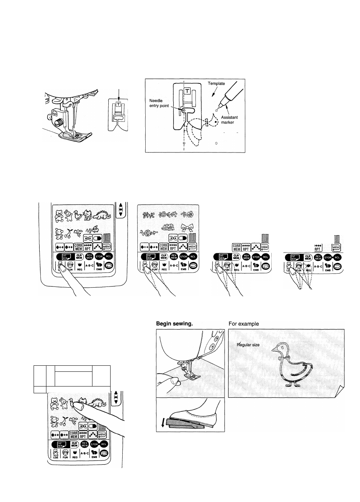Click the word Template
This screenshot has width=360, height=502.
pos(216,83)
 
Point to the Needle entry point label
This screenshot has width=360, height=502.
pos(160,103)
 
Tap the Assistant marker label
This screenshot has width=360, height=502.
pos(229,120)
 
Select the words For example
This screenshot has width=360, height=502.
pos(243,323)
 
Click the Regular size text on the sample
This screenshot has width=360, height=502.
pos(248,345)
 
